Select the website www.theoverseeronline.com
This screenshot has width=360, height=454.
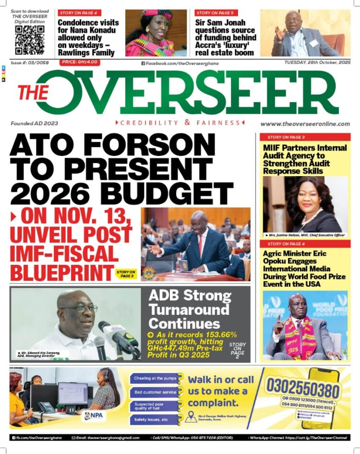305,124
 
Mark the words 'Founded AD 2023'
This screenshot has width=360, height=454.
34,123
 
